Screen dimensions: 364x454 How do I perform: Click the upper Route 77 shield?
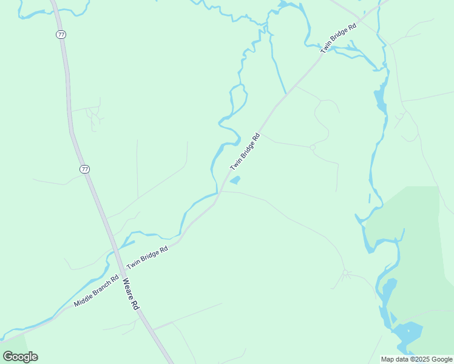[x=61, y=35]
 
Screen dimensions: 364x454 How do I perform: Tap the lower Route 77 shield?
[x=84, y=169]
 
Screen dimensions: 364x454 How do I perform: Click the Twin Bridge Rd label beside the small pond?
[x=245, y=152]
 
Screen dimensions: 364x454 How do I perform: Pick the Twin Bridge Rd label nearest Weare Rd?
[x=147, y=258]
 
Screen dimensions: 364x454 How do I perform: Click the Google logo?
[x=21, y=356]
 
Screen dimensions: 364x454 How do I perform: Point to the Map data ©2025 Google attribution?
[x=417, y=359]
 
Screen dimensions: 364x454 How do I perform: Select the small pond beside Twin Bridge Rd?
[x=234, y=180]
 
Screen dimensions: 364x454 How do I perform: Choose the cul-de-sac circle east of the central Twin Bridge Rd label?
[x=313, y=147]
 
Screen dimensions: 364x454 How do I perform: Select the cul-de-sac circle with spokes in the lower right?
[x=345, y=273]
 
